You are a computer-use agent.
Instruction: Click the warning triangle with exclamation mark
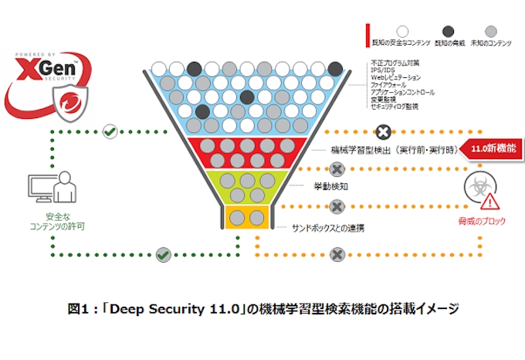click(489, 202)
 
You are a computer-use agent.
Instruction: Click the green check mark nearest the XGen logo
click(110, 131)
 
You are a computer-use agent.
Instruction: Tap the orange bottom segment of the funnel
click(248, 217)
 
